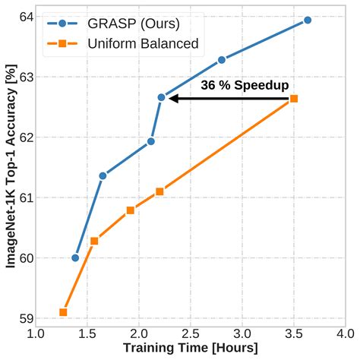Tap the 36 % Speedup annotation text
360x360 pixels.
[x=245, y=85]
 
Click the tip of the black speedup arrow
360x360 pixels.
[x=170, y=98]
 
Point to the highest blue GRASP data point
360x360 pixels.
[x=308, y=20]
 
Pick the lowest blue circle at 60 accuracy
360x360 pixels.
[x=75, y=257]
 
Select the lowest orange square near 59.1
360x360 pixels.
[x=63, y=312]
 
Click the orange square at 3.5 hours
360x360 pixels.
[x=294, y=99]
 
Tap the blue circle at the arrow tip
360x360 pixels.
[x=161, y=97]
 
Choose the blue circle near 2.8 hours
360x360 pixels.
[x=222, y=59]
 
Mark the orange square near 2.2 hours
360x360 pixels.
[x=159, y=191]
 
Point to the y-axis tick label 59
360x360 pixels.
[x=18, y=318]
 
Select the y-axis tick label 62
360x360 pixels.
[x=18, y=137]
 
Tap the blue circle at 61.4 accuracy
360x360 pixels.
[x=103, y=175]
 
